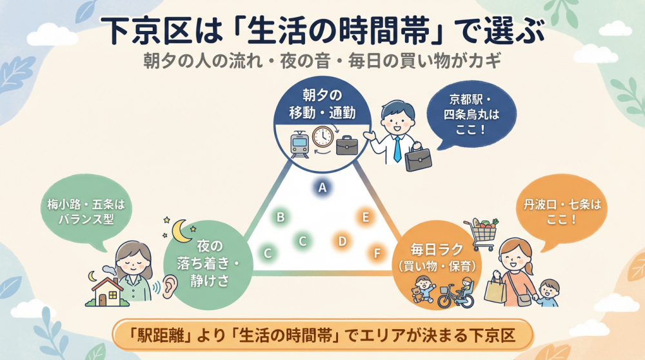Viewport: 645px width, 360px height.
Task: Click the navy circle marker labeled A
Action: [x=322, y=187]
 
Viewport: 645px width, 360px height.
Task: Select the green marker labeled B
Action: [x=281, y=217]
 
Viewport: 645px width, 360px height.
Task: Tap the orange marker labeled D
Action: [x=342, y=241]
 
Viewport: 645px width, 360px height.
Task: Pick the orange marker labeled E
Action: [x=366, y=217]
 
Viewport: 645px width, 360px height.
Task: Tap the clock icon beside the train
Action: [x=322, y=137]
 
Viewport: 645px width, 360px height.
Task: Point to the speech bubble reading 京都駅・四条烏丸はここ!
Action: [x=466, y=115]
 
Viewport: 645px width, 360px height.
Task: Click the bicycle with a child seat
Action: [x=455, y=294]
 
